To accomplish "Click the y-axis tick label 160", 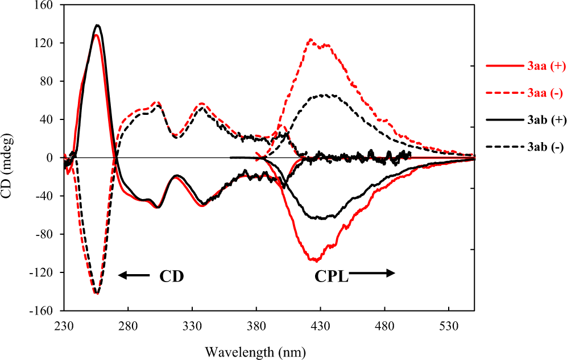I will (x=44, y=5).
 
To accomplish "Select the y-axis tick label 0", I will (x=50, y=158).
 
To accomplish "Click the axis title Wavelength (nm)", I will (x=268, y=351).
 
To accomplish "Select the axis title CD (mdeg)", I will (x=10, y=158).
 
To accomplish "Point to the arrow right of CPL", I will (x=373, y=274).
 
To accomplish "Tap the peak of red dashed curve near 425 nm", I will (x=311, y=40).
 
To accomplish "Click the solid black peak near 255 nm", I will (x=98, y=25).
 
